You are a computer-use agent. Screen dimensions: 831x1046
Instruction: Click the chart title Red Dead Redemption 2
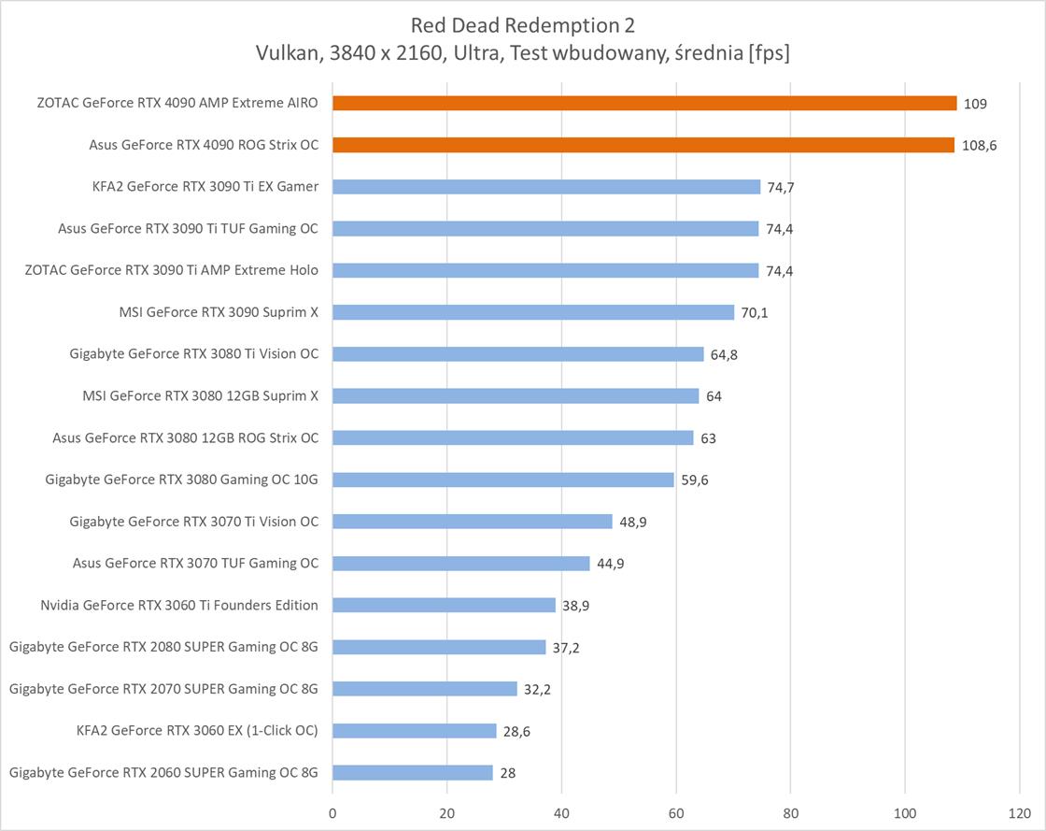(x=522, y=24)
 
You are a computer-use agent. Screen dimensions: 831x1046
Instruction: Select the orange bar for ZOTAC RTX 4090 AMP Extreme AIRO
(x=644, y=103)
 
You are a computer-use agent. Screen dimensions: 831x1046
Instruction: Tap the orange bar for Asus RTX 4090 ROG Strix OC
(x=643, y=145)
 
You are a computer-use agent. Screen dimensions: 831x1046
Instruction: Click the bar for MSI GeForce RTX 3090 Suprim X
(x=533, y=312)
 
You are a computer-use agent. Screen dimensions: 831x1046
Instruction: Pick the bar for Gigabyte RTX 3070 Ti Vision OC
(x=473, y=522)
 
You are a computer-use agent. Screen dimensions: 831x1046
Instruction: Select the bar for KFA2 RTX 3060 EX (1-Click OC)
(x=415, y=730)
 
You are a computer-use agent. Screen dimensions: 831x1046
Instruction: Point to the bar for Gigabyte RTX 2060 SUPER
(x=413, y=772)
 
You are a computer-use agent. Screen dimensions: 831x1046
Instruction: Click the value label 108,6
(x=979, y=146)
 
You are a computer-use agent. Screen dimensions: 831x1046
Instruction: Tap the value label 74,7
(x=781, y=187)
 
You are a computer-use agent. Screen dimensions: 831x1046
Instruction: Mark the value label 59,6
(x=694, y=480)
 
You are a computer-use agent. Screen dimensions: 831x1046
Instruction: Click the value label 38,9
(x=575, y=606)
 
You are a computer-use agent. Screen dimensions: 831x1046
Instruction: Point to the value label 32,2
(x=537, y=689)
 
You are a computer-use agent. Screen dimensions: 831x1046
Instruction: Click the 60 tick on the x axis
(x=676, y=813)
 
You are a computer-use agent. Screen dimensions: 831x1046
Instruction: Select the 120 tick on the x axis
(x=1020, y=813)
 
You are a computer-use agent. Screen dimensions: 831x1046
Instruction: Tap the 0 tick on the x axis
(x=332, y=813)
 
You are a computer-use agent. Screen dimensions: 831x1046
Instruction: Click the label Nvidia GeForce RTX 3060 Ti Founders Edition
(x=179, y=605)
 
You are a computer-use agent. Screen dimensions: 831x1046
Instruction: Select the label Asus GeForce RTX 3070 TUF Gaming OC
(x=195, y=563)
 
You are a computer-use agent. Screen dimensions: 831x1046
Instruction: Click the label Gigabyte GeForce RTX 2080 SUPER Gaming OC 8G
(x=163, y=647)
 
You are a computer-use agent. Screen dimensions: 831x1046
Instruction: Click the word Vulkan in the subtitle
(x=284, y=53)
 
